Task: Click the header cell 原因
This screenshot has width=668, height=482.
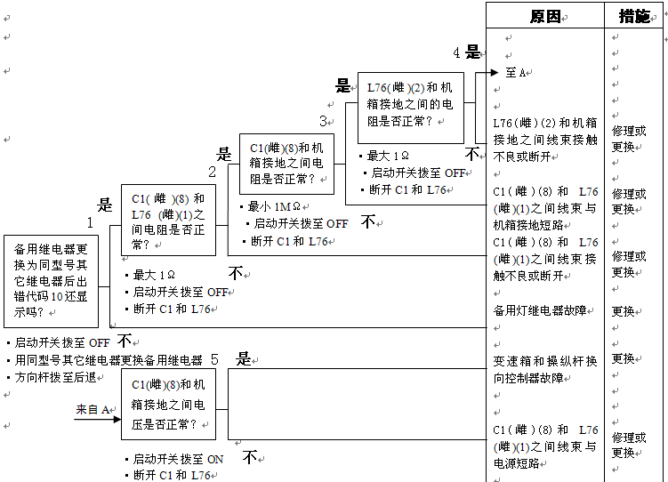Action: [545, 16]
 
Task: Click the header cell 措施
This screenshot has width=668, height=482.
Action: [635, 16]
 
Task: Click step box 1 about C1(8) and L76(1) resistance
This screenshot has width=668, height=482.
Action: [168, 221]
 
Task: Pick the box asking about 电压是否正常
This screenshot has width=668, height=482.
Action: [168, 405]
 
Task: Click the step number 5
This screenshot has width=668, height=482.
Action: [214, 359]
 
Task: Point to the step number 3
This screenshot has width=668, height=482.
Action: [323, 121]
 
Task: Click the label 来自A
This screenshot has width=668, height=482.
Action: [93, 409]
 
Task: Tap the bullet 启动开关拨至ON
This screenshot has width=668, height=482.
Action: [178, 460]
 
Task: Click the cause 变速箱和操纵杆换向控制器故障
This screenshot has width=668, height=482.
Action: [544, 369]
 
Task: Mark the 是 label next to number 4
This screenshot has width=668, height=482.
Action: [473, 52]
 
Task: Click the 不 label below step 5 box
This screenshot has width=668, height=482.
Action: [251, 456]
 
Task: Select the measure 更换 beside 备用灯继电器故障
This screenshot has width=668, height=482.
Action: [623, 311]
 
